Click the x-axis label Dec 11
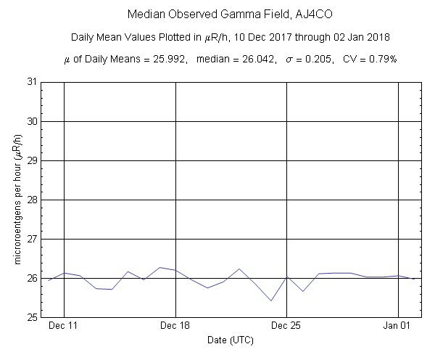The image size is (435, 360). pyautogui.click(x=65, y=327)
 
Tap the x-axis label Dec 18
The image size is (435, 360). pyautogui.click(x=176, y=327)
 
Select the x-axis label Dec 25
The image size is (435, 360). pyautogui.click(x=287, y=327)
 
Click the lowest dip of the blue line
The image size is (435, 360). pyautogui.click(x=271, y=300)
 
